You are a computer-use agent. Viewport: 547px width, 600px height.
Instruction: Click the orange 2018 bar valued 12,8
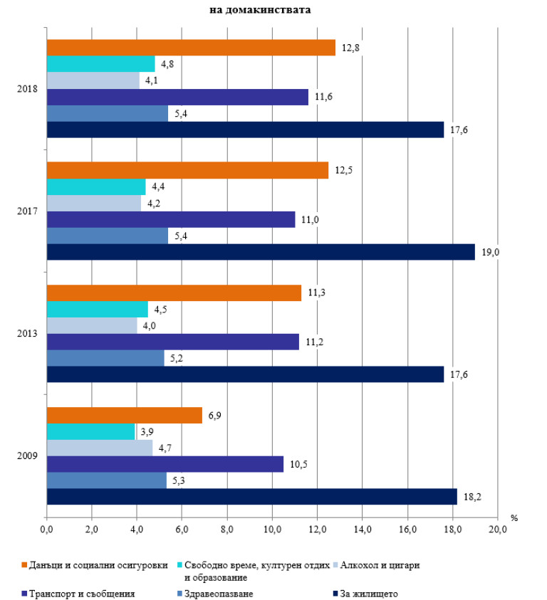(191, 48)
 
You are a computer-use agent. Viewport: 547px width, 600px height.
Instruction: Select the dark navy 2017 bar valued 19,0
(261, 252)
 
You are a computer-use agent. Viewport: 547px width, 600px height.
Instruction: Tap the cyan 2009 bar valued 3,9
(90, 432)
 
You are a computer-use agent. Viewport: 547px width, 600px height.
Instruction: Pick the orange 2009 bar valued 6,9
(125, 415)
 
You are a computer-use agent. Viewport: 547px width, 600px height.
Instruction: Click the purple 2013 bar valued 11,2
(173, 342)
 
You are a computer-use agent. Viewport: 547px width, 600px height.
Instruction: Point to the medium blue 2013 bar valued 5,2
(105, 359)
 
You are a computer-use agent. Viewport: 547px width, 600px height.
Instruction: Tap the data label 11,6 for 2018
(321, 97)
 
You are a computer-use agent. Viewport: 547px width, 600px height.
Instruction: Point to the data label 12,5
(342, 169)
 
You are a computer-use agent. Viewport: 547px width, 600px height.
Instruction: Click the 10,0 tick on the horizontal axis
(272, 530)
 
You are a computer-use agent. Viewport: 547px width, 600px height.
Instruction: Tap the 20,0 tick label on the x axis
(497, 530)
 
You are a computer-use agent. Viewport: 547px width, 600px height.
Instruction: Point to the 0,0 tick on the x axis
(47, 530)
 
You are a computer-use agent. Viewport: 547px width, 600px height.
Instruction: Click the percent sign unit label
(514, 517)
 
